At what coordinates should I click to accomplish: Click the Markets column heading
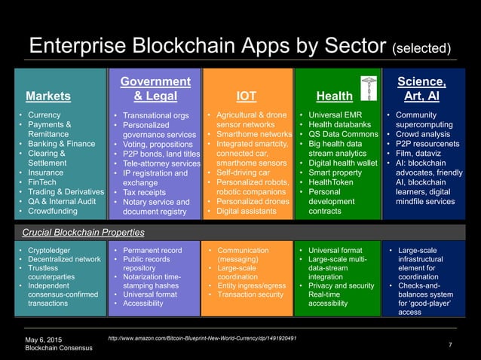coord(48,96)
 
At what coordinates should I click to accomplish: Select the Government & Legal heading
coord(155,89)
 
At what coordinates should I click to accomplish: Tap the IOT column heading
coord(246,96)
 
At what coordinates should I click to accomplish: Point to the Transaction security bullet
coord(249,294)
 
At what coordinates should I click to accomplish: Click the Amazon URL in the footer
coord(203,337)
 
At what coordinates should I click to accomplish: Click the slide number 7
coord(450,344)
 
